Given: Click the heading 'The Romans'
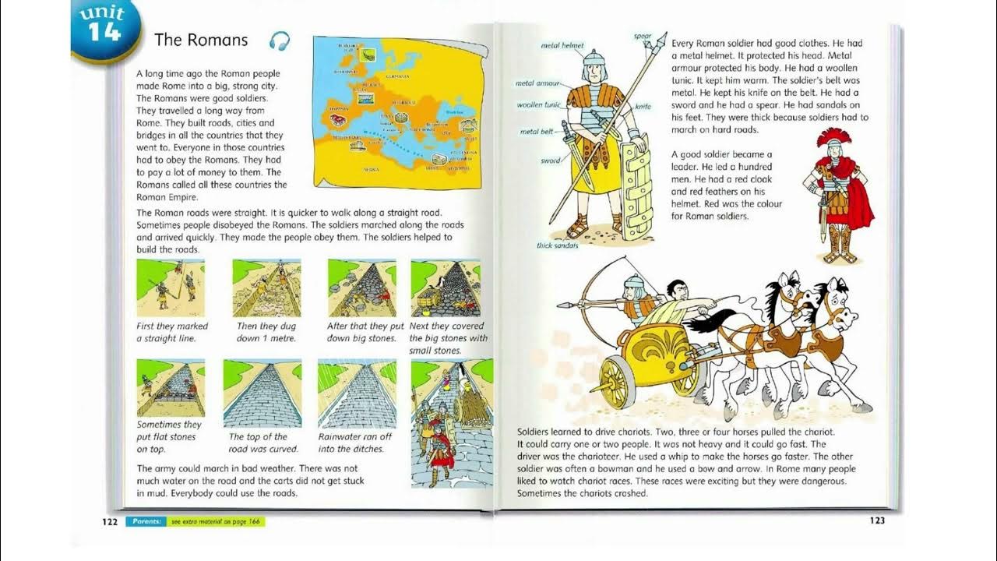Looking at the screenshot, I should (201, 40).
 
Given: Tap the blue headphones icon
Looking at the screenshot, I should (280, 41).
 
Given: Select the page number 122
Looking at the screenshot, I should (110, 521).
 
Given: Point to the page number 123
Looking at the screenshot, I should (877, 520).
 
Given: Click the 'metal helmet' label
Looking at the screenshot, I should (562, 46).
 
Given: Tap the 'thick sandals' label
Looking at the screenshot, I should (558, 245).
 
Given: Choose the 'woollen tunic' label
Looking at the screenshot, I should (539, 105).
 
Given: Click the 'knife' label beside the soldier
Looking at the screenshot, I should (643, 107).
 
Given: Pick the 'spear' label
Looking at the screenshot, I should (642, 36).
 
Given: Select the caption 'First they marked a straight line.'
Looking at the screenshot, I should (172, 332).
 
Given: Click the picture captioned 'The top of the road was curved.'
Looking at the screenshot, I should (262, 393).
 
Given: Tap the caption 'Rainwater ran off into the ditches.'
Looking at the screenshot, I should (355, 443).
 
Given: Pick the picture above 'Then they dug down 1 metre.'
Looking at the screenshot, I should (266, 288).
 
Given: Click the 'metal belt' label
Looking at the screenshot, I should (536, 132).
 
